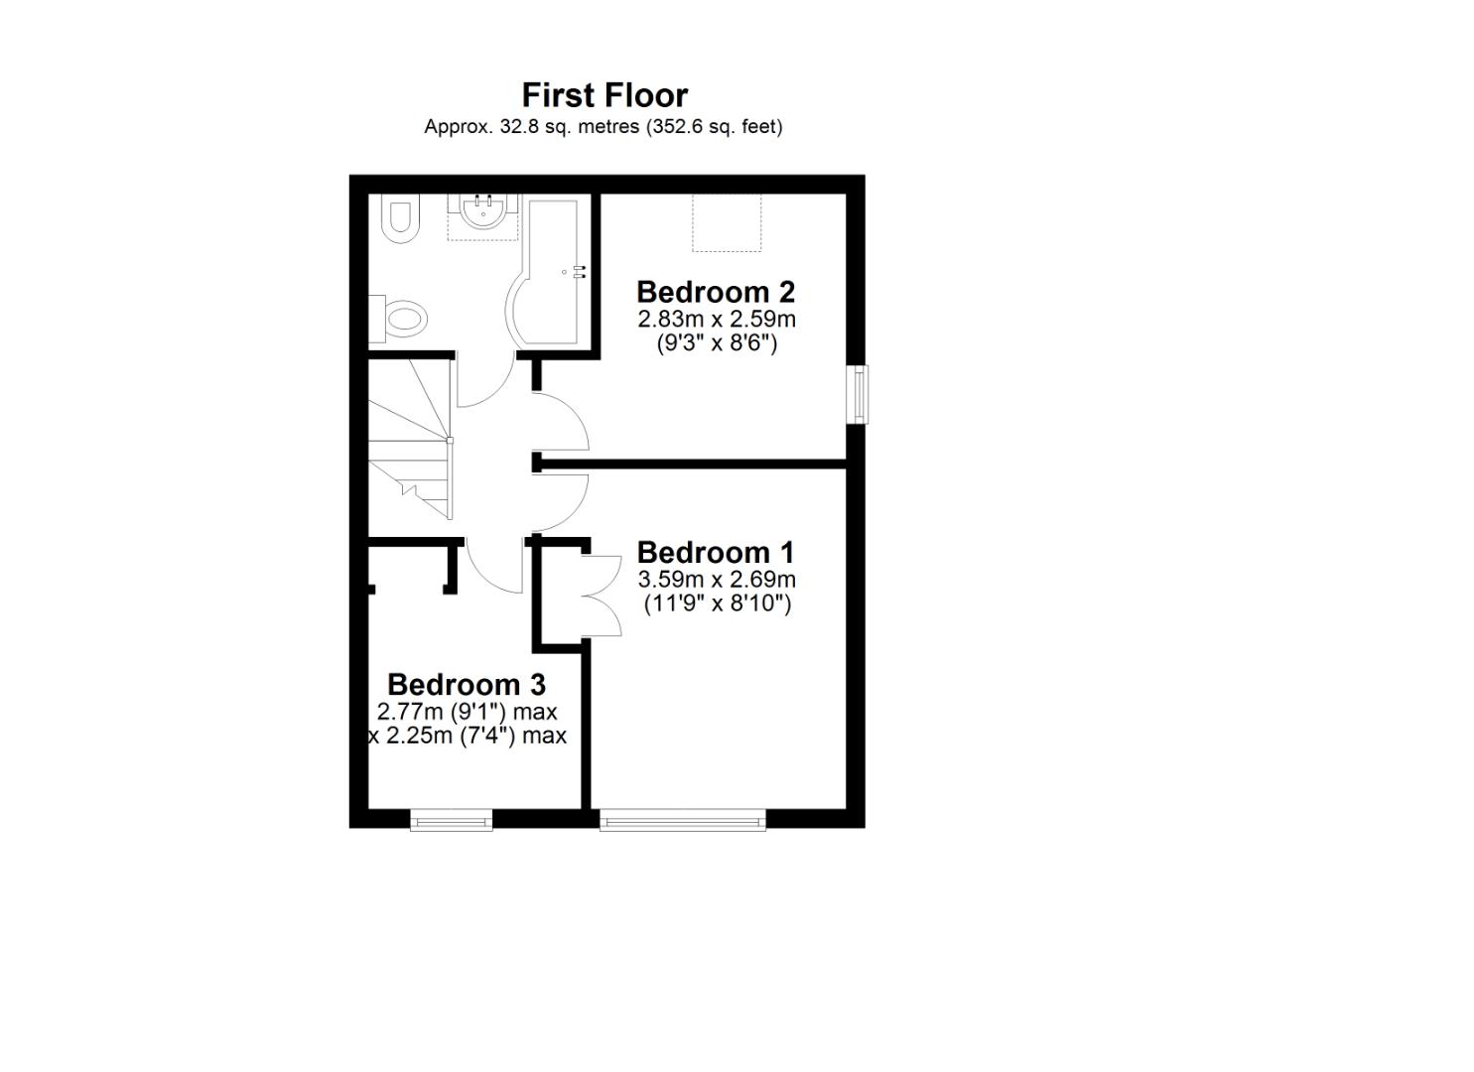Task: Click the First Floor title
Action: tap(604, 95)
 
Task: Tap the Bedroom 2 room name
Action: tap(716, 292)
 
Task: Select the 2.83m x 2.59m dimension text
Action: tap(716, 319)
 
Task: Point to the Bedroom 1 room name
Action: tap(716, 552)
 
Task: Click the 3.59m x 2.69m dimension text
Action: tap(716, 579)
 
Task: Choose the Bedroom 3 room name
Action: tap(467, 685)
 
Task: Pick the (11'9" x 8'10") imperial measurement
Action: tap(717, 603)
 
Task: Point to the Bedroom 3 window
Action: tap(452, 820)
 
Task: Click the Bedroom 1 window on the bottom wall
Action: tap(683, 820)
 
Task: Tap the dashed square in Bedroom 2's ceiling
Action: tap(727, 222)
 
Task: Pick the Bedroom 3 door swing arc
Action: tap(493, 567)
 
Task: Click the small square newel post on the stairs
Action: tap(450, 440)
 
